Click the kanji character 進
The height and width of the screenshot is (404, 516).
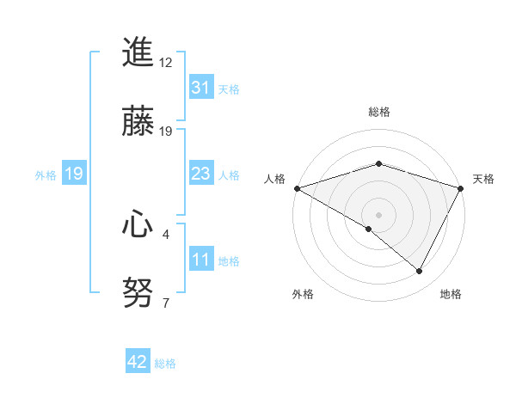tap(138, 53)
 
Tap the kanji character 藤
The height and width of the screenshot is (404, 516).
tap(138, 122)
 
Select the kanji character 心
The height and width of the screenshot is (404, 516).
tap(138, 225)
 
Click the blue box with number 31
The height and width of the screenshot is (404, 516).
tap(200, 88)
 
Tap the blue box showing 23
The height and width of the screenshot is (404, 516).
tap(200, 174)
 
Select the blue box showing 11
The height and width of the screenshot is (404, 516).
tap(200, 260)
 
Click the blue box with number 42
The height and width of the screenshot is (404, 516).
tap(138, 363)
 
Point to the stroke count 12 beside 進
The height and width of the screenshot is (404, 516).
tap(166, 63)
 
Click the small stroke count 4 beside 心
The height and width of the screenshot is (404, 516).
tap(166, 234)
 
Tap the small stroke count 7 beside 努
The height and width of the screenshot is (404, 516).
tap(166, 303)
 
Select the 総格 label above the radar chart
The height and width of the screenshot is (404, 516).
tap(379, 112)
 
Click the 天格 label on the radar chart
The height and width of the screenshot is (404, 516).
tap(484, 179)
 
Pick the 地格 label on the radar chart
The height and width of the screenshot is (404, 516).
tap(451, 294)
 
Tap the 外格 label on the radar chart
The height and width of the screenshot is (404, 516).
tap(303, 294)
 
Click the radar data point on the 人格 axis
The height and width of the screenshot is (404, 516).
tap(297, 188)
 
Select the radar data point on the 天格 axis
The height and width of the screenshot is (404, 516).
tap(461, 188)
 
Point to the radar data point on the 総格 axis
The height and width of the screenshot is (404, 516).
tap(379, 163)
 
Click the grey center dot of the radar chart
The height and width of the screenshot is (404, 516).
tap(379, 214)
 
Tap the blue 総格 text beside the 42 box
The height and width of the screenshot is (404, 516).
tap(165, 364)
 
